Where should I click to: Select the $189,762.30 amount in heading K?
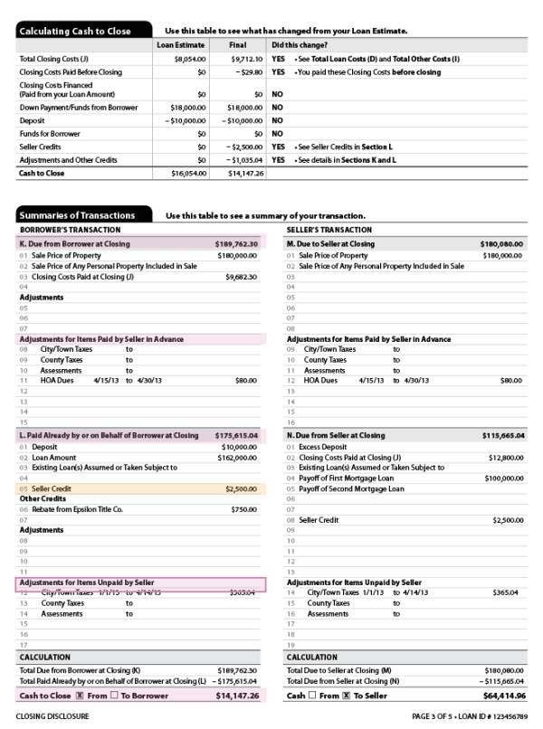[x=237, y=243]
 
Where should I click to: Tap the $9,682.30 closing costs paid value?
[x=240, y=277]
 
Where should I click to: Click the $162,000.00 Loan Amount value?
[x=238, y=458]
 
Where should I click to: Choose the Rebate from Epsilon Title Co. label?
[x=77, y=509]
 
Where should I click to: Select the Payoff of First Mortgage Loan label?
[x=347, y=478]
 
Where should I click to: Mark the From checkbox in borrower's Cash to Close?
[x=81, y=696]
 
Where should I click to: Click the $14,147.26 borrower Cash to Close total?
[x=237, y=696]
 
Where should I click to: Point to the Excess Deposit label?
[x=324, y=447]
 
